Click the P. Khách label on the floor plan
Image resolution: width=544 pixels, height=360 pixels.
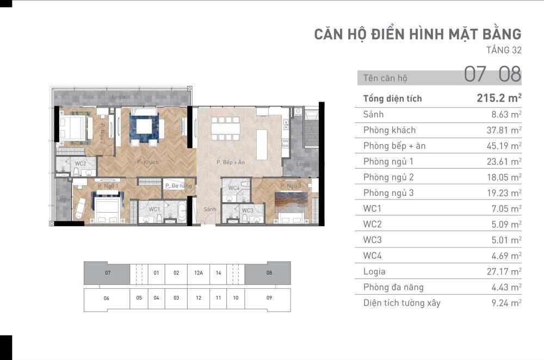(x=148, y=162)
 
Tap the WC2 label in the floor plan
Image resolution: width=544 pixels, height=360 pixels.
(x=80, y=163)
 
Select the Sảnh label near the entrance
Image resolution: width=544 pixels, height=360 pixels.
(x=209, y=209)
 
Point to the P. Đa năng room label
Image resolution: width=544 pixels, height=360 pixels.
(x=178, y=186)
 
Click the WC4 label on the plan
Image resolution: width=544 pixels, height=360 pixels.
(x=234, y=188)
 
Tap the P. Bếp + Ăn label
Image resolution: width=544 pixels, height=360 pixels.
(x=230, y=162)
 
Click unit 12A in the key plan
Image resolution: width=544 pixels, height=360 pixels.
(x=199, y=273)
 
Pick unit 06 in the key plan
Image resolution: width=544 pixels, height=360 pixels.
(x=107, y=298)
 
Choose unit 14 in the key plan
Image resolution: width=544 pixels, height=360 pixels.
(x=218, y=273)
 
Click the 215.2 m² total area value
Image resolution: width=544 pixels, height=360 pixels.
(x=499, y=98)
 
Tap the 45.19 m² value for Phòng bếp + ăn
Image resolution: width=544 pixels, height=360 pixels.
(x=504, y=146)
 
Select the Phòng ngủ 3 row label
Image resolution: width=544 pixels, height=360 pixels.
(x=388, y=193)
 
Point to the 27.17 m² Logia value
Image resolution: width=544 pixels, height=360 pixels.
(x=504, y=271)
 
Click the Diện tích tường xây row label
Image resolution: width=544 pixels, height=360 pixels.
(x=402, y=303)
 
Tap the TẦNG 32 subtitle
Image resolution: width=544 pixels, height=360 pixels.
(x=504, y=50)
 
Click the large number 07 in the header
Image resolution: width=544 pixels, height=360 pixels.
(x=475, y=74)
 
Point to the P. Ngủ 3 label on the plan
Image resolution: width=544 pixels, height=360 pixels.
(x=290, y=186)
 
